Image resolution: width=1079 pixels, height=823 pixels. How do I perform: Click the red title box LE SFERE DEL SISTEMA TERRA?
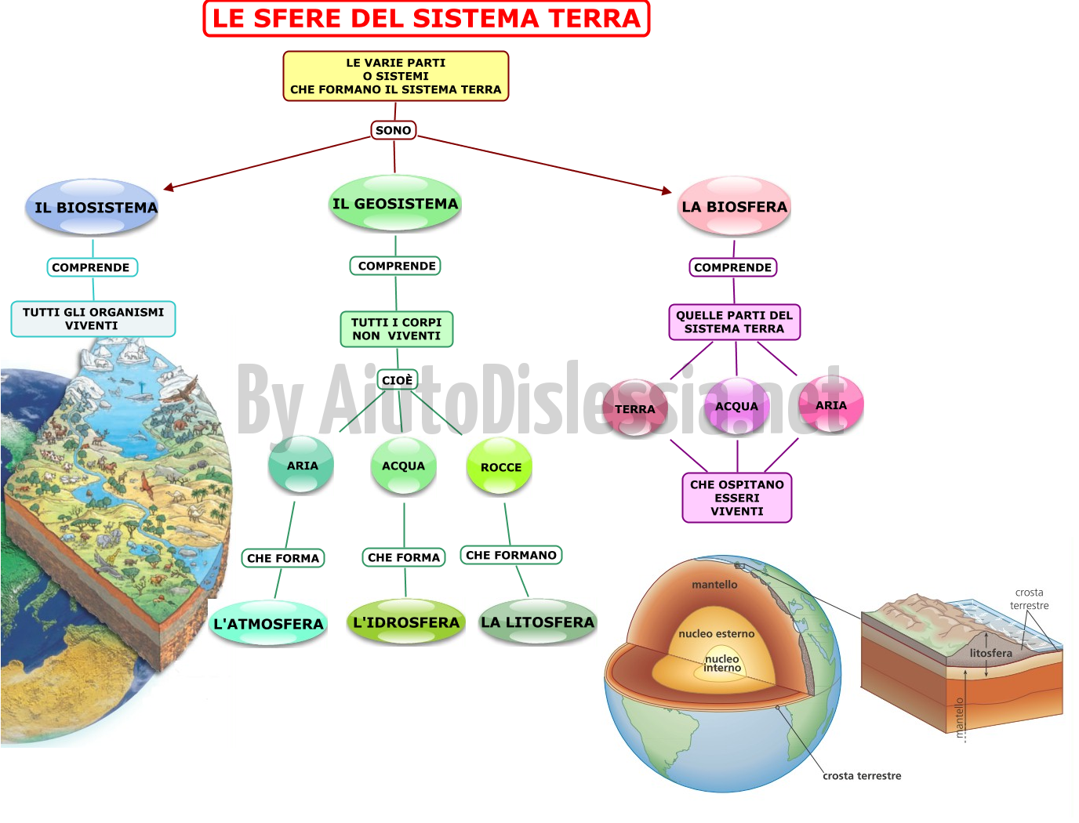(426, 19)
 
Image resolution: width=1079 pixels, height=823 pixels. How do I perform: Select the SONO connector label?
(394, 130)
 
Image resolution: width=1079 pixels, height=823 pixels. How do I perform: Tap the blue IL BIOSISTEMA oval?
(93, 207)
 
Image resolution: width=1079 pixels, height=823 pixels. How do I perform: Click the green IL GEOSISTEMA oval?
(395, 203)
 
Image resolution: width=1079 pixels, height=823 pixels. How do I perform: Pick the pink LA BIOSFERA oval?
(735, 206)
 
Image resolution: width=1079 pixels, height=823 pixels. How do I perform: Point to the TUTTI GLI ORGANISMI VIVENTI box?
(93, 319)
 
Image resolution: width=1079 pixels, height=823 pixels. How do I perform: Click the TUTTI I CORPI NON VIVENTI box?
(397, 329)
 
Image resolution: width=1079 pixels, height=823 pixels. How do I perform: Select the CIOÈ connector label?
(398, 380)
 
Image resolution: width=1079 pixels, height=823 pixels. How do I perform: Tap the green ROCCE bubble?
(500, 466)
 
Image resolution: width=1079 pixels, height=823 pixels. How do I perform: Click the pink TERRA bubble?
(635, 408)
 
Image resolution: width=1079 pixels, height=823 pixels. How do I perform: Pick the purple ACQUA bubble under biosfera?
(737, 405)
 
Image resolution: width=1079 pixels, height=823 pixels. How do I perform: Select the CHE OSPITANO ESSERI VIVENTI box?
(737, 498)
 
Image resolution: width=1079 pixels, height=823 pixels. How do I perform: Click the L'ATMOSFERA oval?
(268, 623)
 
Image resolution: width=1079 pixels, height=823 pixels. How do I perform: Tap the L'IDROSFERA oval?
(406, 622)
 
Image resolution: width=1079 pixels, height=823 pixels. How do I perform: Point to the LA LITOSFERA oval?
(538, 622)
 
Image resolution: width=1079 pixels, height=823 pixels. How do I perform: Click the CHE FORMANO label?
(511, 555)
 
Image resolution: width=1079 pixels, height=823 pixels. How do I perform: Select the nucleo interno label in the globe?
(721, 663)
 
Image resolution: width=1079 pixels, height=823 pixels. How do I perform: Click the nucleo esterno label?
(716, 634)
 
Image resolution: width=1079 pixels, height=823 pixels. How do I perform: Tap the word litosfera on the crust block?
(991, 653)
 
